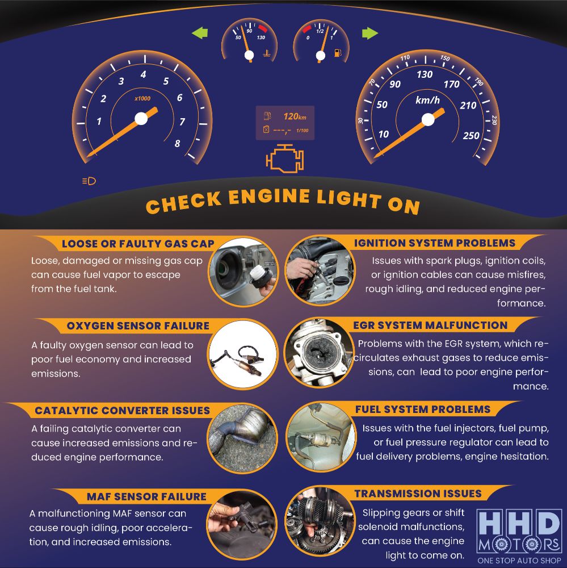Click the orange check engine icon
[x=285, y=158]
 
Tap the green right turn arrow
[x=369, y=33]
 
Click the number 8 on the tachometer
[x=177, y=144]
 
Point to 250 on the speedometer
[x=471, y=136]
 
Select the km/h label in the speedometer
[x=427, y=100]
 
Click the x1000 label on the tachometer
[x=142, y=98]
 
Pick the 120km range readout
[x=295, y=116]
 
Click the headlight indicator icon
[x=89, y=181]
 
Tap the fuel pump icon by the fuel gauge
[x=338, y=53]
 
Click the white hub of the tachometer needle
[x=141, y=119]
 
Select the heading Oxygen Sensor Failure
[x=138, y=325]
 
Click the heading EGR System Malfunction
[x=430, y=325]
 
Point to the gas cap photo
[x=243, y=272]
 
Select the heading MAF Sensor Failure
[x=146, y=496]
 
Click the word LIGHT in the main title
[x=349, y=198]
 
